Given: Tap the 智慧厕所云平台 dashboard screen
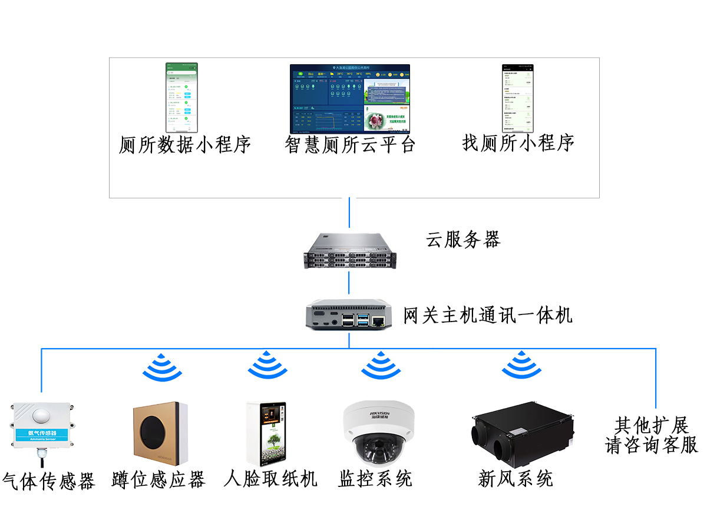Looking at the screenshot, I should click(349, 99).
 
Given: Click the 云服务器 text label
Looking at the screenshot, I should click(463, 239).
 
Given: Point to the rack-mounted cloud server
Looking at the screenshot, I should click(349, 251).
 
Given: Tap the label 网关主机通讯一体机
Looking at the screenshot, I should click(488, 315).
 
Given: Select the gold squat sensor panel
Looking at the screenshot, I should click(158, 433).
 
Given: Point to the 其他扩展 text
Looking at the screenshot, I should click(652, 425).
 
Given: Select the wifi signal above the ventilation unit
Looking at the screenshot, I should click(521, 365).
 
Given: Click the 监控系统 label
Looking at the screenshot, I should click(375, 478).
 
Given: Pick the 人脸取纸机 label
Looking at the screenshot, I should click(270, 478).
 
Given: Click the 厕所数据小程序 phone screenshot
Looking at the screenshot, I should click(181, 98).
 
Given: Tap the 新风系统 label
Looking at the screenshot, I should click(516, 478).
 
